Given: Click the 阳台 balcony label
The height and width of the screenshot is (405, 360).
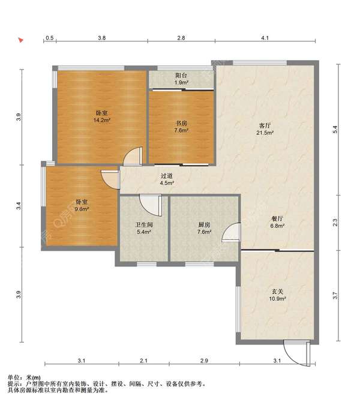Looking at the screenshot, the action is pos(181,76).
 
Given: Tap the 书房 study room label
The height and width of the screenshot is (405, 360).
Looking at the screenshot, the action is pos(181,123).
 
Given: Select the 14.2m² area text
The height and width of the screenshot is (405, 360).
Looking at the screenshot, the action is pos(102,120).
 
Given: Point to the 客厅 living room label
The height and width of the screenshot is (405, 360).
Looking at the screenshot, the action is pos(265,125).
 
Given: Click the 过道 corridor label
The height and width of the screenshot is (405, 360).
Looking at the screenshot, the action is pos(167,176).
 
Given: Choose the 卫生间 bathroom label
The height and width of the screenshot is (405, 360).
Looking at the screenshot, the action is pos(144,225).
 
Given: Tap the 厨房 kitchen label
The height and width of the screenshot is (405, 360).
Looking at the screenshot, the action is pos(204,225).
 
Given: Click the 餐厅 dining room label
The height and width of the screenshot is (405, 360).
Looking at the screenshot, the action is pos(277,218).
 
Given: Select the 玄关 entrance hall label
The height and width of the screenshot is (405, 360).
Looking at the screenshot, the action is pos(277,292).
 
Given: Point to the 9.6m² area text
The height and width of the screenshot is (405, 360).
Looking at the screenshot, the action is pos(82,209).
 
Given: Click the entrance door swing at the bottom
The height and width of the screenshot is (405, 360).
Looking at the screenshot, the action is pos(297,353).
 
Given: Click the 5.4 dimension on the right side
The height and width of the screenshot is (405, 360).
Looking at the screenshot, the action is pos(335,129).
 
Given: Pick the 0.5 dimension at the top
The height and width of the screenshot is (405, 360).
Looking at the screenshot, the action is pos(50,38).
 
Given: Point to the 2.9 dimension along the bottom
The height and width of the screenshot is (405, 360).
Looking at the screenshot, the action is pos(204,361).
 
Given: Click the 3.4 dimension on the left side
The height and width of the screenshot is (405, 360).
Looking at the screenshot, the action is pos(18,206).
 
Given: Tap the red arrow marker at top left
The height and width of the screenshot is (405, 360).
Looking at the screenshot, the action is pos(20,40).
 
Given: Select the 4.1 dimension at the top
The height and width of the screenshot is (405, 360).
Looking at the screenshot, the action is pos(265,38).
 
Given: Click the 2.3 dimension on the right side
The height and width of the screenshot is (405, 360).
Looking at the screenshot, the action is pos(335,223).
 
